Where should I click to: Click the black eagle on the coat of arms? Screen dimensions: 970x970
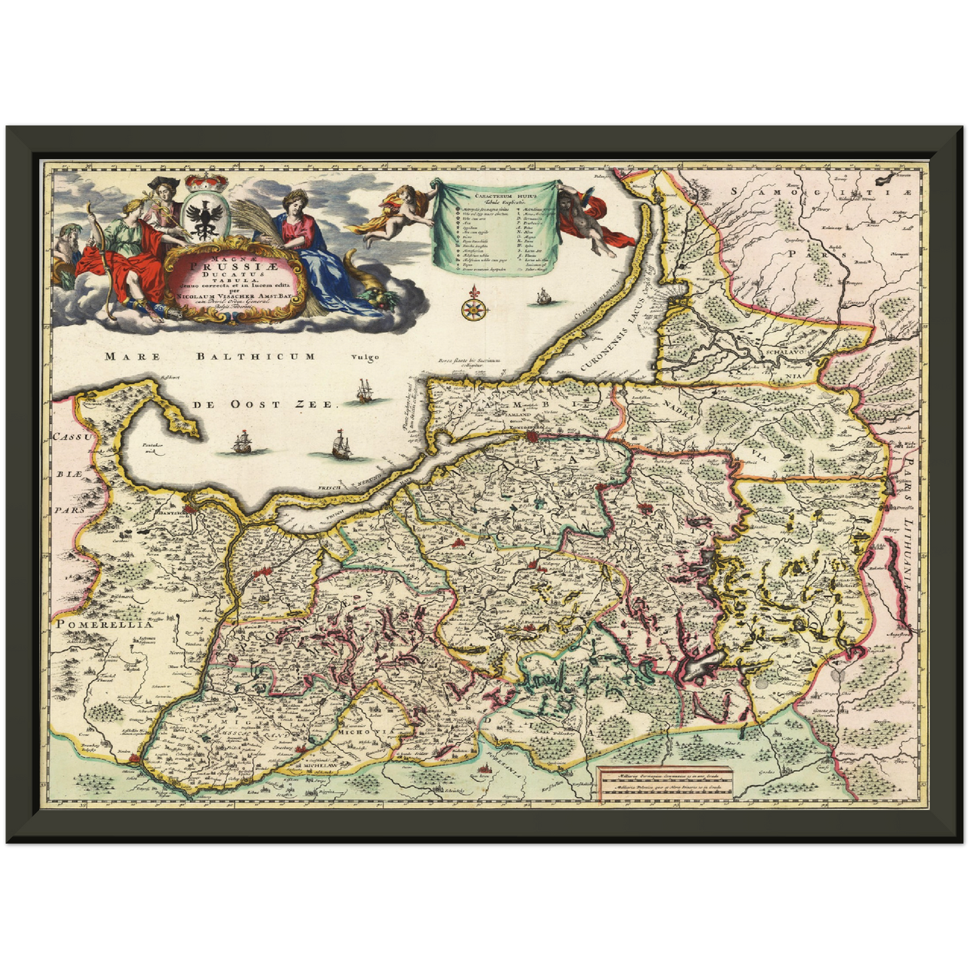pos(201,215)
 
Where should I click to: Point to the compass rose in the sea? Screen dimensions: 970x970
pos(474,307)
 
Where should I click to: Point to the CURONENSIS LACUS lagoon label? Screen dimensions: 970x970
pos(614,336)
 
